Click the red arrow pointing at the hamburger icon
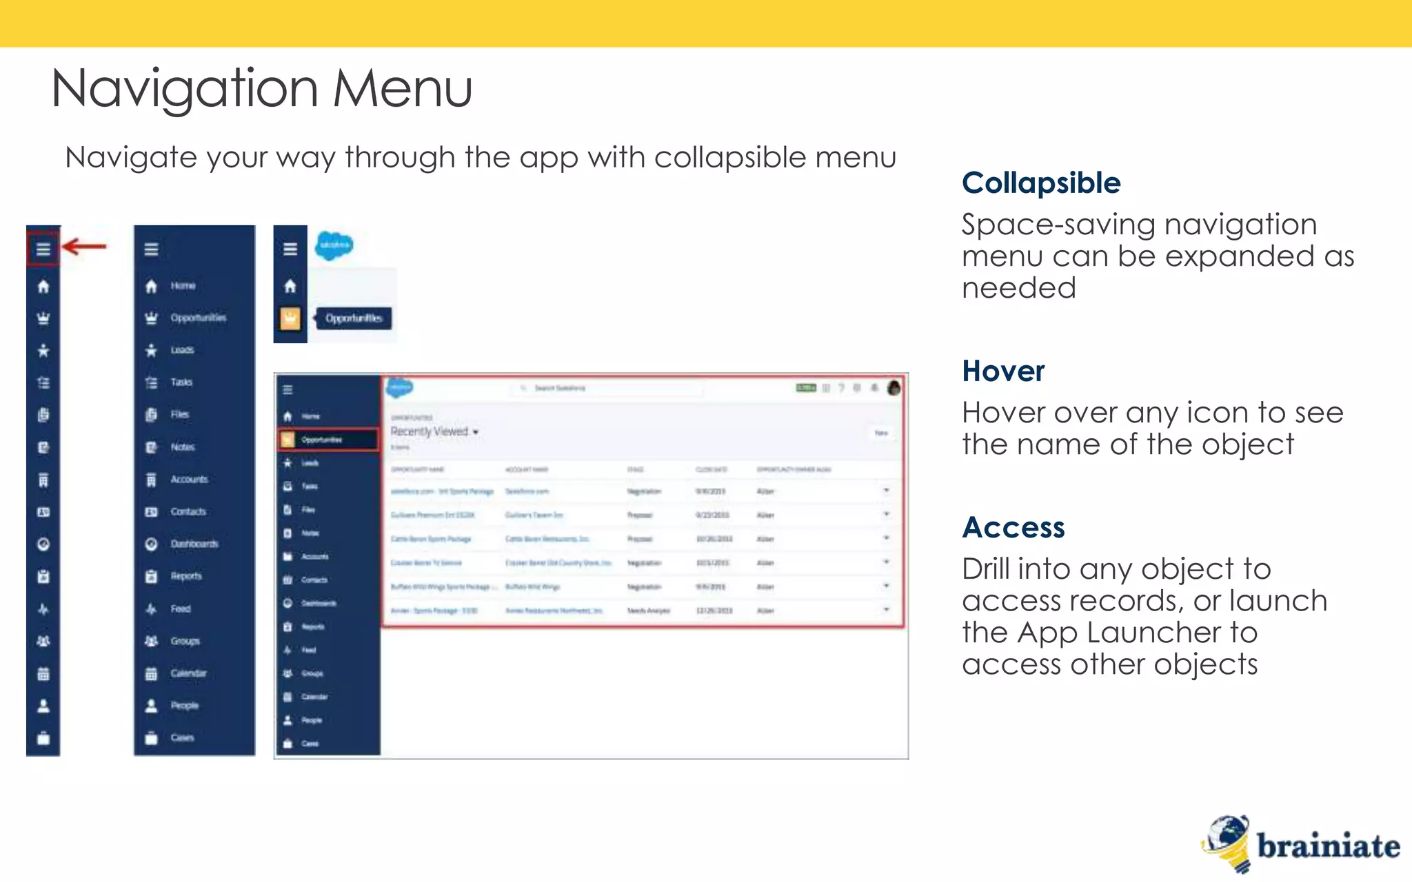(84, 246)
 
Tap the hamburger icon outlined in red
(43, 249)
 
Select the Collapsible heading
(1041, 183)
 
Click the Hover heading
(1003, 371)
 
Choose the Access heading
(1013, 528)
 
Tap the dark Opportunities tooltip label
(354, 318)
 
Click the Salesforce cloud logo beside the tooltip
(334, 245)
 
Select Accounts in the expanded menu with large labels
(189, 480)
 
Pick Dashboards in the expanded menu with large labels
(194, 544)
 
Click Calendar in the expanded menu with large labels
(188, 673)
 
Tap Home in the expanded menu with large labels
(183, 286)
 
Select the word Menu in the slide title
(403, 90)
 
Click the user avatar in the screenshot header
(894, 388)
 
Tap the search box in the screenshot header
(607, 389)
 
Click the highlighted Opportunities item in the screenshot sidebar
(328, 440)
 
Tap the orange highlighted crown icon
(290, 318)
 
